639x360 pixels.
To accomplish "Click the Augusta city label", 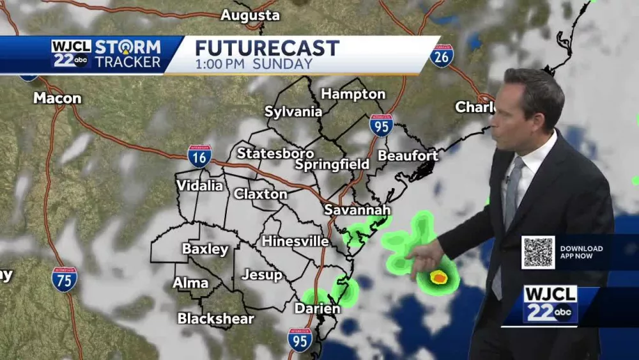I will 250,15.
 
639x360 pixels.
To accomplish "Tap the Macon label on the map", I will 58,98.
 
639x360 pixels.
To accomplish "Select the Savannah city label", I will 357,210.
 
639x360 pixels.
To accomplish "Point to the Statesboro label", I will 275,153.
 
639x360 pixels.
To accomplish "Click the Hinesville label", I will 295,242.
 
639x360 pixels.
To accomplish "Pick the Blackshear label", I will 215,318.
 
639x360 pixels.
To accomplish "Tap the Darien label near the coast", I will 317,309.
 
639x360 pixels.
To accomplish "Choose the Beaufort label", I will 408,156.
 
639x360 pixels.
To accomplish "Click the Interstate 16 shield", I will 199,156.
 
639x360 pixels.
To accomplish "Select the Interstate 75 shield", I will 64,279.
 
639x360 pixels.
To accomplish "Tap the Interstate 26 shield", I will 442,56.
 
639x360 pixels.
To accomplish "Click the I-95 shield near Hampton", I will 381,125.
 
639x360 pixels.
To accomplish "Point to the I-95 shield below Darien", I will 300,340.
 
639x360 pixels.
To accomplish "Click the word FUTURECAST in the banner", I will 267,48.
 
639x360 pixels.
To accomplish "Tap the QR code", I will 538,252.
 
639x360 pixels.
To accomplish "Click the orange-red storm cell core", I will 438,278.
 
